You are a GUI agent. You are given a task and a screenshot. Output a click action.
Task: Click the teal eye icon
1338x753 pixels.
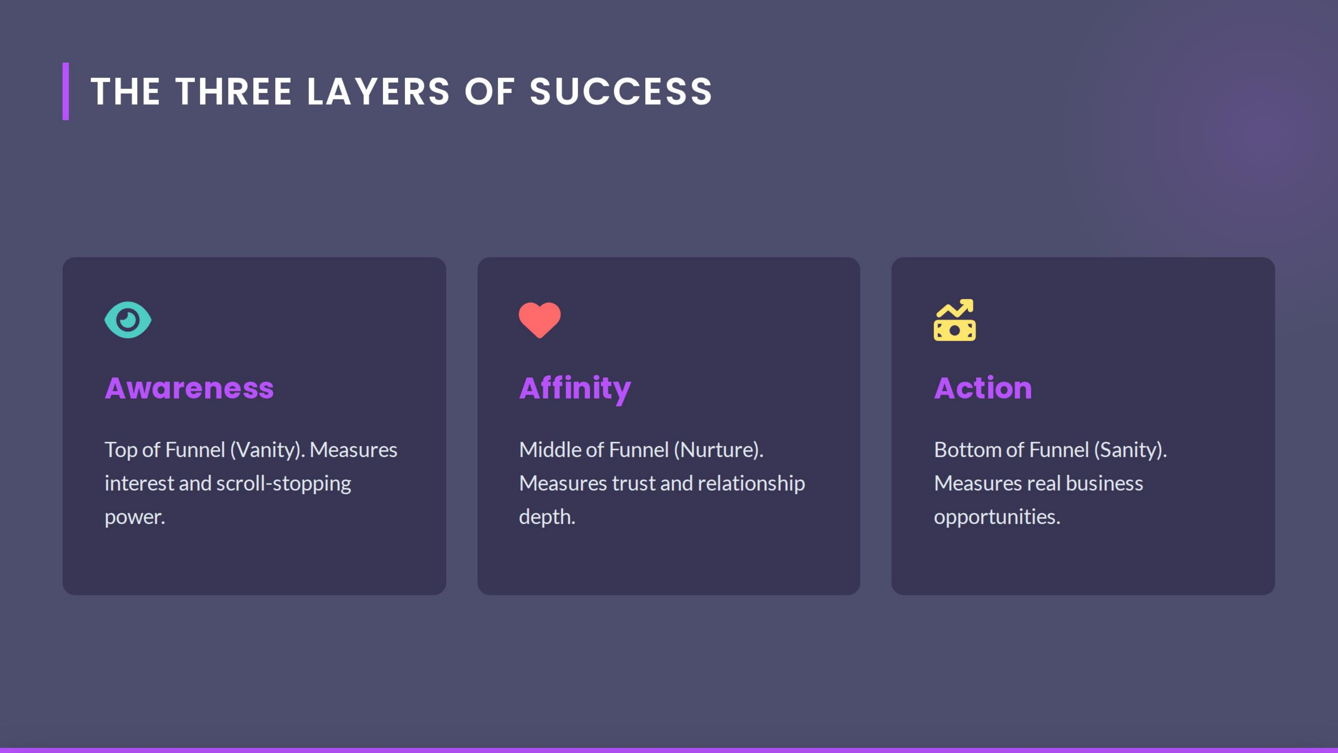coord(128,320)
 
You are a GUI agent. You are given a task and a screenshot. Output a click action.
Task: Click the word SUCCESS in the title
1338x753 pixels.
coord(621,92)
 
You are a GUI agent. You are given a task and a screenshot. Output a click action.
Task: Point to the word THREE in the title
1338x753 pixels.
coord(234,92)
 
